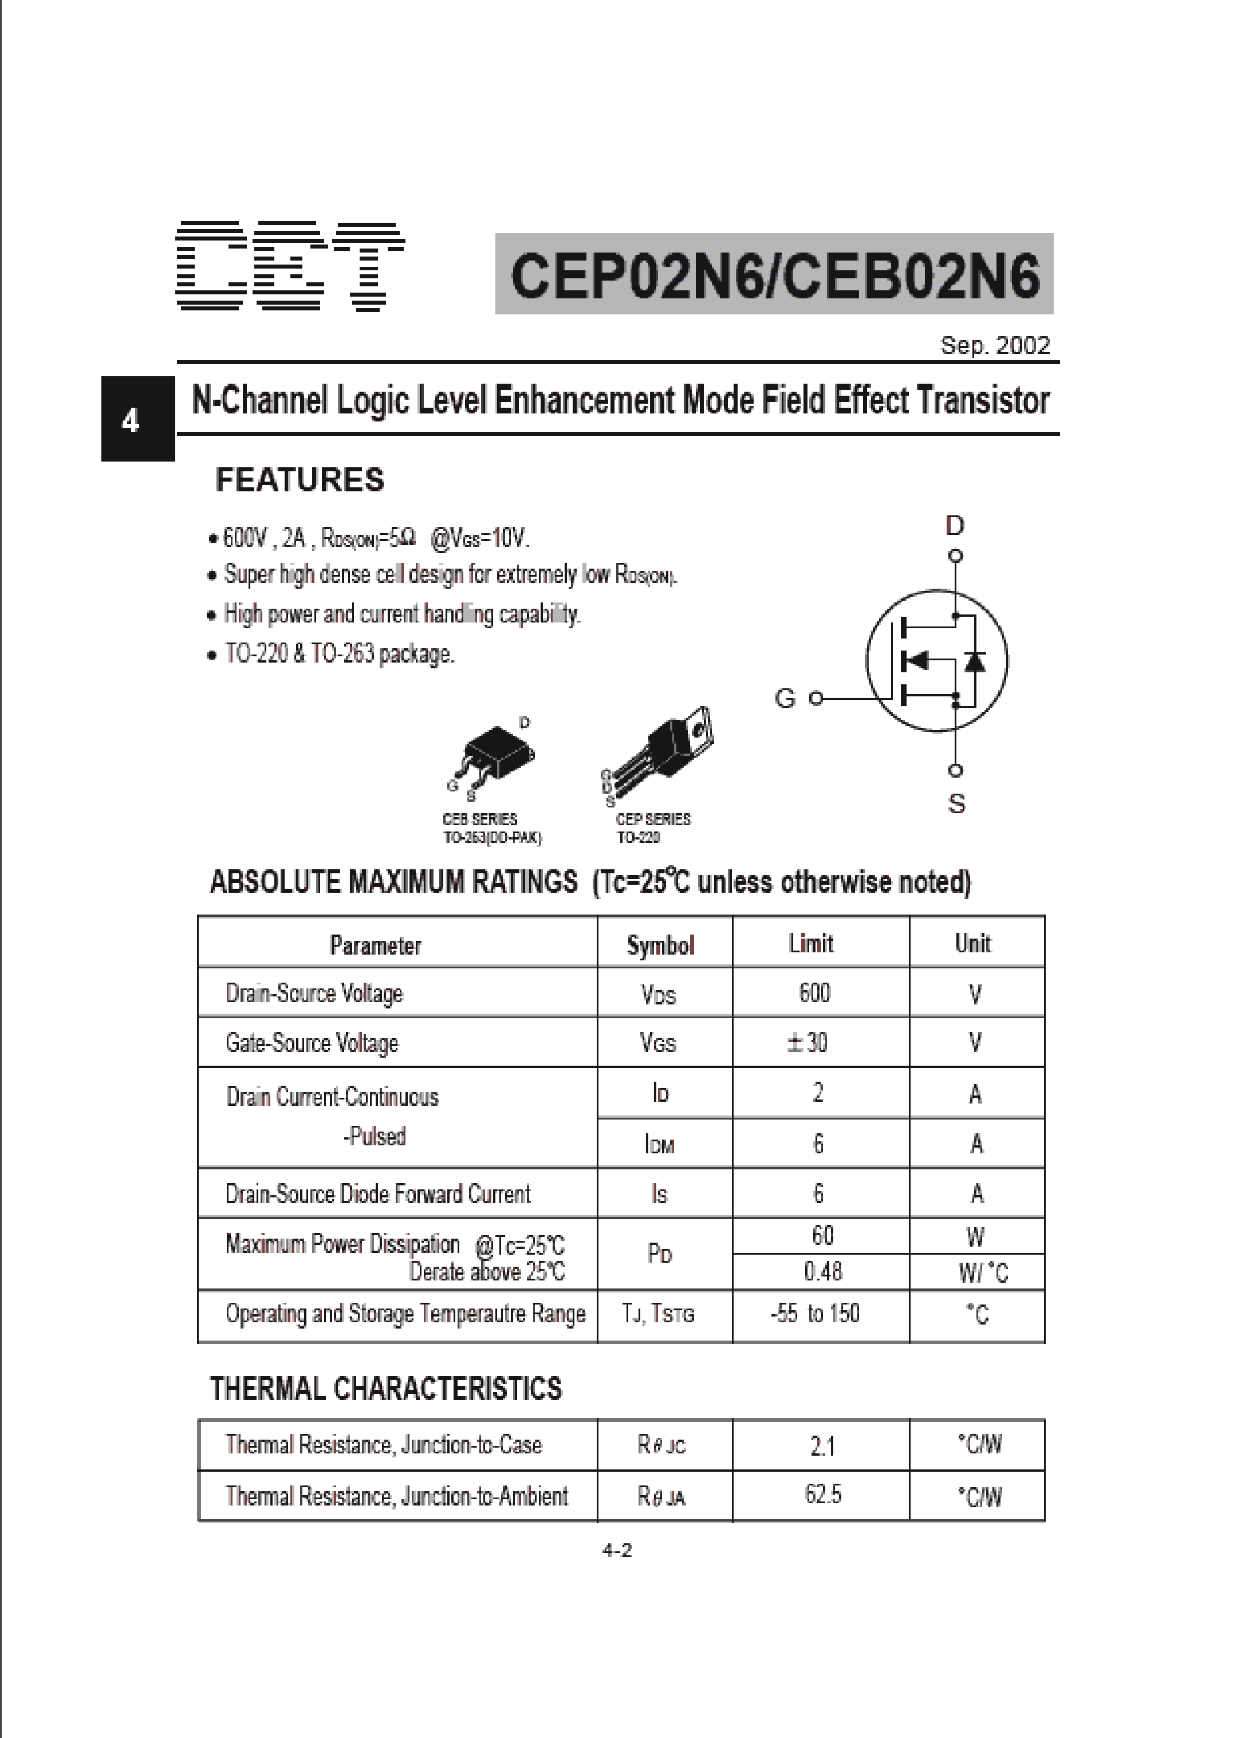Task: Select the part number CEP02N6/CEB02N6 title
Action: (x=774, y=275)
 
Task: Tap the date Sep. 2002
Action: (x=995, y=345)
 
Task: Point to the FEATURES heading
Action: (x=300, y=480)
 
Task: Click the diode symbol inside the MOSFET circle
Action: (x=974, y=661)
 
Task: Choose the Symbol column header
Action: (x=660, y=944)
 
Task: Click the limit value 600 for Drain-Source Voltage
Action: (x=815, y=993)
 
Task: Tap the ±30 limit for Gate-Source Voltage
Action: (x=807, y=1042)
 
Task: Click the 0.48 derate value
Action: (x=822, y=1271)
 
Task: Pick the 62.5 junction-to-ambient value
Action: (x=823, y=1494)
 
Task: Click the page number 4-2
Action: (x=616, y=1551)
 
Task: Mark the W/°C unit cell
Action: (x=983, y=1272)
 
